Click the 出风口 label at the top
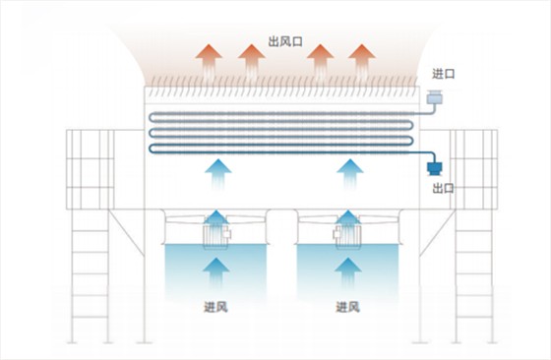click(285, 43)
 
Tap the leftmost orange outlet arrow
click(210, 58)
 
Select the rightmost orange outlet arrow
click(362, 58)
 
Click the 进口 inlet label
click(444, 74)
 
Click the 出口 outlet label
click(444, 187)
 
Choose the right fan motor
click(347, 234)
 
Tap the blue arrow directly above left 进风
click(216, 268)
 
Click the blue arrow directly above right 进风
click(348, 268)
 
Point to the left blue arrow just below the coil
click(216, 175)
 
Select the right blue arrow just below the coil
click(348, 175)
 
